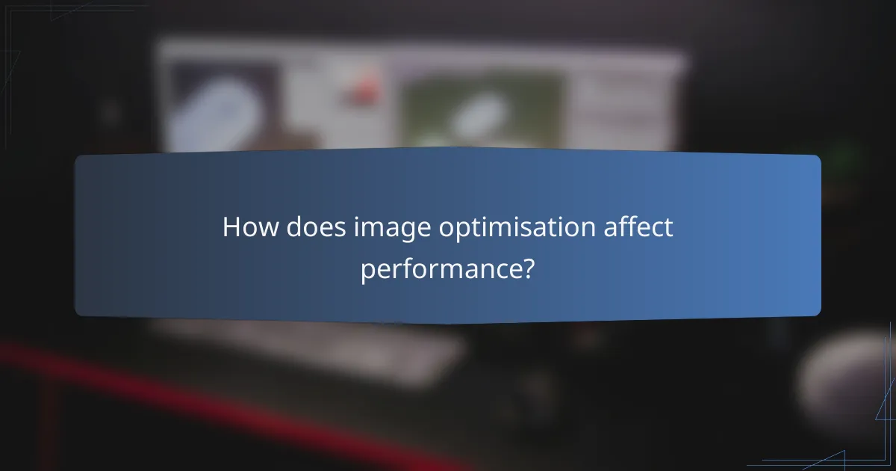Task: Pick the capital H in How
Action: tap(232, 227)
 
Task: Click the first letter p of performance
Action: tap(368, 271)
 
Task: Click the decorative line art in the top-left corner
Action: tap(30, 30)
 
